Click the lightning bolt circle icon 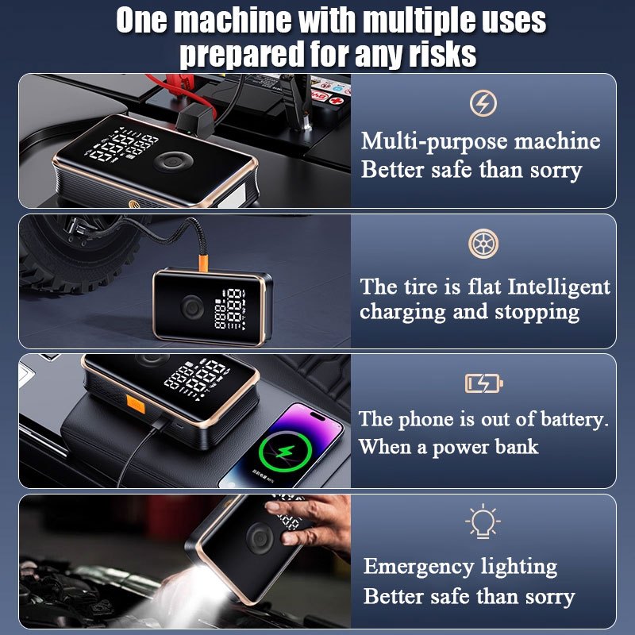(x=483, y=103)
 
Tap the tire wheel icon (x=483, y=244)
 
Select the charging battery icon (x=484, y=383)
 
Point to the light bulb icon (x=483, y=521)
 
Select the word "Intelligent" (x=559, y=287)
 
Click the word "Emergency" (x=418, y=568)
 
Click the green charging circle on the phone (x=286, y=451)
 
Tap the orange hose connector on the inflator (x=203, y=263)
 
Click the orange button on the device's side (x=136, y=405)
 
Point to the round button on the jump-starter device (x=174, y=162)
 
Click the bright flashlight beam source (x=202, y=574)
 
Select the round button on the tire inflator (x=192, y=307)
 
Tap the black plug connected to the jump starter (x=195, y=118)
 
